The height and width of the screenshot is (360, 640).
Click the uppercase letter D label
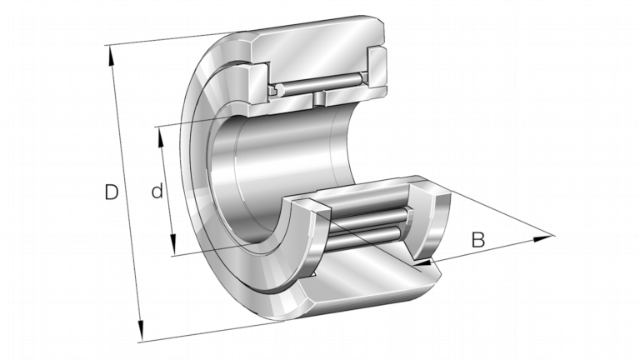click(x=111, y=192)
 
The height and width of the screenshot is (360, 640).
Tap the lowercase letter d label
click(x=157, y=191)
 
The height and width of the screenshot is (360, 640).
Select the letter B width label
click(x=478, y=240)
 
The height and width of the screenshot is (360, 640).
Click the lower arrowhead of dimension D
click(x=141, y=330)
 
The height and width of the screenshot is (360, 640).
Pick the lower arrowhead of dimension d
click(x=172, y=244)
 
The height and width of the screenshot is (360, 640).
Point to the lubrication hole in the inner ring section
click(x=319, y=98)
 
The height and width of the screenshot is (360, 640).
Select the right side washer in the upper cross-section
click(x=377, y=68)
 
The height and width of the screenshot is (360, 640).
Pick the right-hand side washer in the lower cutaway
click(x=432, y=223)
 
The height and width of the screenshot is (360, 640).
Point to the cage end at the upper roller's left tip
click(x=272, y=91)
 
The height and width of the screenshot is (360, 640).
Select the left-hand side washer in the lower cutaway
click(x=304, y=241)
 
